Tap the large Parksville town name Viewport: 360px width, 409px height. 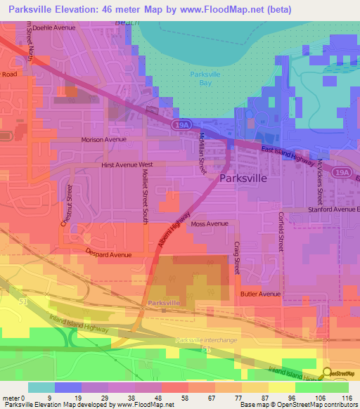(x=243, y=178)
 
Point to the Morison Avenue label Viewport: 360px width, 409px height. (x=105, y=139)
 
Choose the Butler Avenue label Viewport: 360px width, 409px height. (x=260, y=294)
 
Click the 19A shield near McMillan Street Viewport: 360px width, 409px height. (x=176, y=125)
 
